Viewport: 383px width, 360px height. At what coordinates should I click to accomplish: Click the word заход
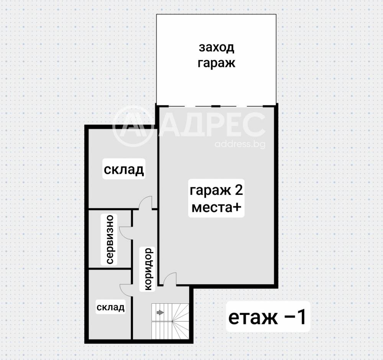216,48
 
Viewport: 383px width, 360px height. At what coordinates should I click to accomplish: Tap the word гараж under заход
216,63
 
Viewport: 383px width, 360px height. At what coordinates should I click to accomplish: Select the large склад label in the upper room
124,169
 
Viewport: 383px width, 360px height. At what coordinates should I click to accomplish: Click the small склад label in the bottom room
110,307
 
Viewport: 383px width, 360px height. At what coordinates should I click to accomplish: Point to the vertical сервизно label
110,239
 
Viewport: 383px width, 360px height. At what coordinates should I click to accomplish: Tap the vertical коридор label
149,269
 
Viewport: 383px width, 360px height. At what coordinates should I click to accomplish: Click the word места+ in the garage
216,208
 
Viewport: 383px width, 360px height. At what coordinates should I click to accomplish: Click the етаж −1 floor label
267,317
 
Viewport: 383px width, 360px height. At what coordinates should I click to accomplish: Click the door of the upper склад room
146,203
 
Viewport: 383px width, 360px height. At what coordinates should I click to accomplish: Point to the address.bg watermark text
240,144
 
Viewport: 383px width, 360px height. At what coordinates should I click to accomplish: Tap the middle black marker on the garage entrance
216,105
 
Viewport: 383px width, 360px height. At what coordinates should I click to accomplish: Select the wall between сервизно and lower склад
110,268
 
